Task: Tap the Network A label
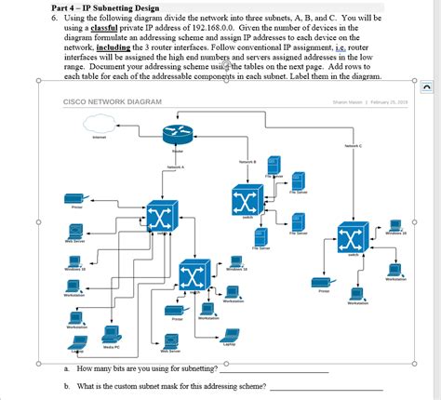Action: [176, 167]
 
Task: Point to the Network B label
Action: [247, 162]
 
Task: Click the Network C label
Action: [353, 146]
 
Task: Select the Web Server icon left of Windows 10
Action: [74, 229]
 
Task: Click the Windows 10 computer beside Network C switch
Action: [395, 226]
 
